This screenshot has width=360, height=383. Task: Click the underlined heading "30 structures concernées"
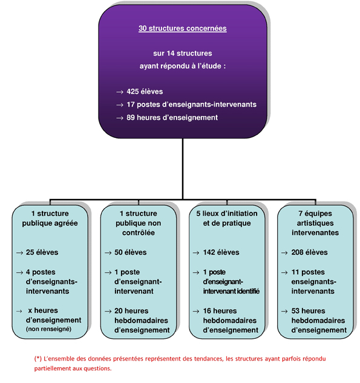click(183, 28)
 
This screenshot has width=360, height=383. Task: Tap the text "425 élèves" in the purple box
click(145, 91)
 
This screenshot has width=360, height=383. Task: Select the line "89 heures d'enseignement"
click(172, 117)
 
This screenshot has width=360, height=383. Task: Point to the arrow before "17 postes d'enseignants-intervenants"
click(120, 105)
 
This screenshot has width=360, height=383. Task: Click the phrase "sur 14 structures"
click(183, 53)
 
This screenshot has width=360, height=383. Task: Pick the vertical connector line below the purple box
click(183, 169)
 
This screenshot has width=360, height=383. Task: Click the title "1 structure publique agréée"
click(50, 218)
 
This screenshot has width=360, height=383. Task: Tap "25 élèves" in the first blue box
click(42, 252)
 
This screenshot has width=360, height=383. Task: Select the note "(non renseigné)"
click(48, 329)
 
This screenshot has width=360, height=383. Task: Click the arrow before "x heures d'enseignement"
click(19, 311)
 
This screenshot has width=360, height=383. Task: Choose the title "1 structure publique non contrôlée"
click(138, 223)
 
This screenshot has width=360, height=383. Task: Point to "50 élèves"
click(131, 252)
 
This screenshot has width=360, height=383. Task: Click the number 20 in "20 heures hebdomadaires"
click(119, 311)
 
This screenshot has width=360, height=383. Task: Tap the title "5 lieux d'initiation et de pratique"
click(227, 218)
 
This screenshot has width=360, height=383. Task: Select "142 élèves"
click(221, 252)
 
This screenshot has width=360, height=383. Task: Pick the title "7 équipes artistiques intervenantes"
click(315, 223)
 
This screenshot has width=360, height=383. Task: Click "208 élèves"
click(309, 252)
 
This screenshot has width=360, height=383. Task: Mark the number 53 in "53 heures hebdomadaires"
click(295, 311)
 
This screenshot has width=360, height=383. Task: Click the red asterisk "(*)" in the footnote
click(38, 359)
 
